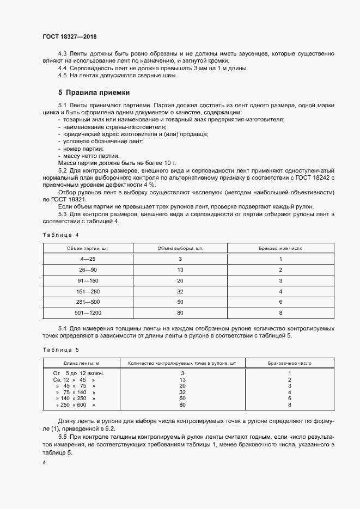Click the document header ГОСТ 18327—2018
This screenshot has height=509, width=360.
point(70,36)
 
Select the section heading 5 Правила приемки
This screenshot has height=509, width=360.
point(94,92)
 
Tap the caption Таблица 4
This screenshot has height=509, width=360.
point(60,235)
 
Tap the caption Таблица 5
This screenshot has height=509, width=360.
point(60,350)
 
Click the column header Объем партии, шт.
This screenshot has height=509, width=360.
point(88,248)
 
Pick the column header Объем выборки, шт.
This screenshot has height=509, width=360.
point(180,248)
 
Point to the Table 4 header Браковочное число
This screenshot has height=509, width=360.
point(280,248)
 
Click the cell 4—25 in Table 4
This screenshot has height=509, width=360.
point(88,259)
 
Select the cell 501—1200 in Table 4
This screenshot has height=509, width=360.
point(88,313)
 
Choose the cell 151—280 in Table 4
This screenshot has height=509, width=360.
point(88,291)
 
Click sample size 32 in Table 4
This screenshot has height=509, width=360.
point(180,291)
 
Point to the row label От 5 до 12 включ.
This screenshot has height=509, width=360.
point(78,373)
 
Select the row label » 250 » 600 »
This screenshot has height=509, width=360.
point(75,405)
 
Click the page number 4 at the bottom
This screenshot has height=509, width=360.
point(44,462)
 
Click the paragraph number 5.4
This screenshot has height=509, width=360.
point(63,328)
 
